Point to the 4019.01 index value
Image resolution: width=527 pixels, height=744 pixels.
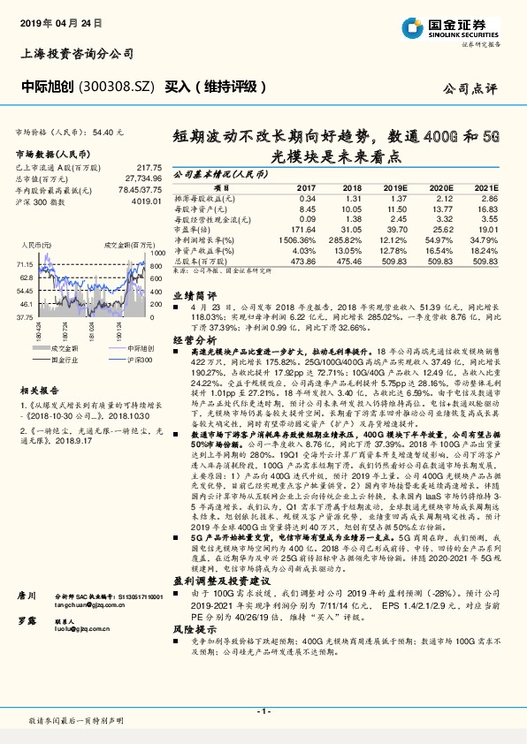(x=144, y=201)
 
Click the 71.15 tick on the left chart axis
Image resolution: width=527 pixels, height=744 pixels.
(x=25, y=264)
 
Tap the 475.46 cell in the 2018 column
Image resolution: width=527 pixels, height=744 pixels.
(x=348, y=262)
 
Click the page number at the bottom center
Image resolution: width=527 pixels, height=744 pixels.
(x=263, y=710)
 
